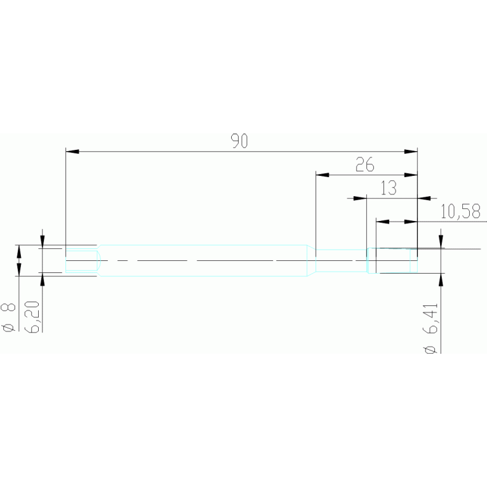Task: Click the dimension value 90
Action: (x=239, y=141)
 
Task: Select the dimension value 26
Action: (x=365, y=164)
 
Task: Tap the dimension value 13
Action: (x=389, y=188)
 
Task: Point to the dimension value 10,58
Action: (x=460, y=211)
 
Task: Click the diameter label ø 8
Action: (x=8, y=317)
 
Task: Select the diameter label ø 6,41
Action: (x=430, y=328)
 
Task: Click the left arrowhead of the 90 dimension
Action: (x=72, y=152)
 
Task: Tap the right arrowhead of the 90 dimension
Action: (x=411, y=152)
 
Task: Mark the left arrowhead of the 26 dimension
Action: (x=323, y=175)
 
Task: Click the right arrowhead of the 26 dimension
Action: (x=411, y=175)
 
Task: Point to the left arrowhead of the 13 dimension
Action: (x=360, y=198)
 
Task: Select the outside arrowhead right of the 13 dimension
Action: (x=424, y=198)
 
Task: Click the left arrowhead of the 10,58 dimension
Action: (x=383, y=222)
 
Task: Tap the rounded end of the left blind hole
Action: (x=99, y=260)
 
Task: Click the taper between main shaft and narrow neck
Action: (x=312, y=260)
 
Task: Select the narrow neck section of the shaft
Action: (x=342, y=260)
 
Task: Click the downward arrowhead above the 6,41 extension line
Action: (x=441, y=242)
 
